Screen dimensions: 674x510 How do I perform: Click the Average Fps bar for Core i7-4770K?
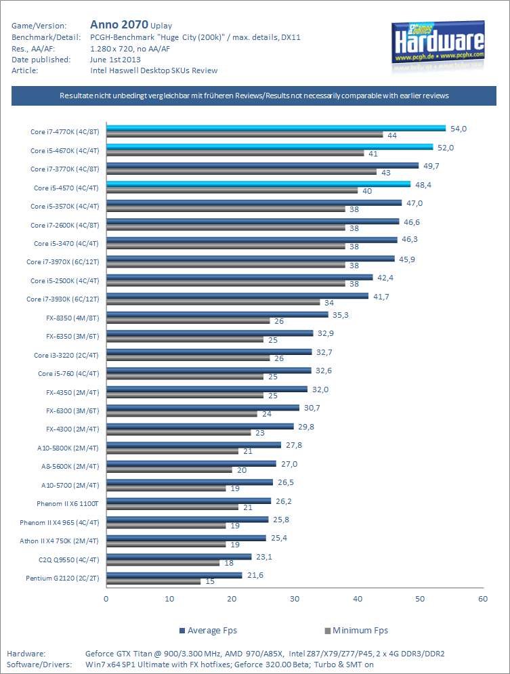point(276,128)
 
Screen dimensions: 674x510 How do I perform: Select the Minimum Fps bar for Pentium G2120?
point(153,581)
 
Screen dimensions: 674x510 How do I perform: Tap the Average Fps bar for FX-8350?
point(217,314)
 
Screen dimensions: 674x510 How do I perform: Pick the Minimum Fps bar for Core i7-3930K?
point(213,302)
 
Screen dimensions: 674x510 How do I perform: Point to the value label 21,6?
point(254,574)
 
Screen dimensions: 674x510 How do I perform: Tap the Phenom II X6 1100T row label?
point(68,503)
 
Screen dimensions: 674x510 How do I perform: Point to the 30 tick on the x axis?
point(294,599)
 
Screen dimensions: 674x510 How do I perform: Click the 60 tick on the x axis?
point(482,599)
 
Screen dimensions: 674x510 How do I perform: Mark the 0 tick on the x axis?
point(106,599)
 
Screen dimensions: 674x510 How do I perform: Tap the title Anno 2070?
point(119,25)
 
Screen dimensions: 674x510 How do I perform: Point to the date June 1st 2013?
point(115,60)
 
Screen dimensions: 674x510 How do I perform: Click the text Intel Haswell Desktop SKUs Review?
point(154,70)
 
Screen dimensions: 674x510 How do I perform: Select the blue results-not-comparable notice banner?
point(254,96)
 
